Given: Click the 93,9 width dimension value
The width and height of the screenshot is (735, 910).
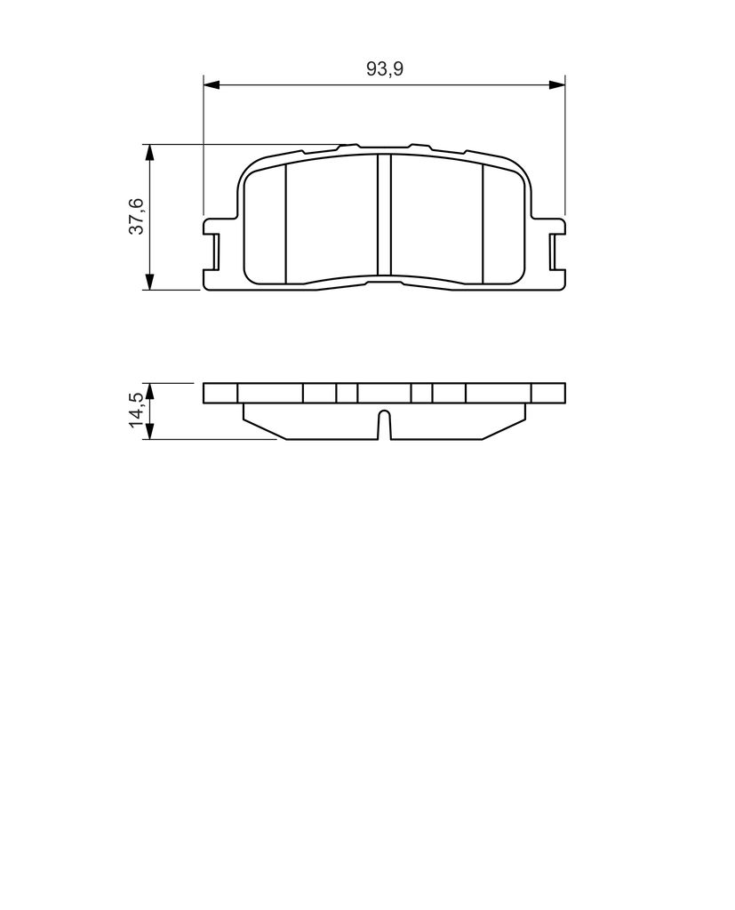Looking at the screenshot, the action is [x=384, y=69].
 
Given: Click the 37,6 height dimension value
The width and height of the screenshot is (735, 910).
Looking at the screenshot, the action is [x=136, y=216].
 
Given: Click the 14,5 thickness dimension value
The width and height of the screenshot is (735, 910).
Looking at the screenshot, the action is [x=136, y=410].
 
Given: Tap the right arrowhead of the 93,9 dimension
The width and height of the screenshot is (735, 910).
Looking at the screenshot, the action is [x=556, y=85].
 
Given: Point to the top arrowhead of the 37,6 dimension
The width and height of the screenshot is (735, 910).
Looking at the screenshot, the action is [x=150, y=152].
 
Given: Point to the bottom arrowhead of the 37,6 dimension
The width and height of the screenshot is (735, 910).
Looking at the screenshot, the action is [x=150, y=282].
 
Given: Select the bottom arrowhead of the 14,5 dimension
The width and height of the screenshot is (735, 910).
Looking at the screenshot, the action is [x=150, y=431].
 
